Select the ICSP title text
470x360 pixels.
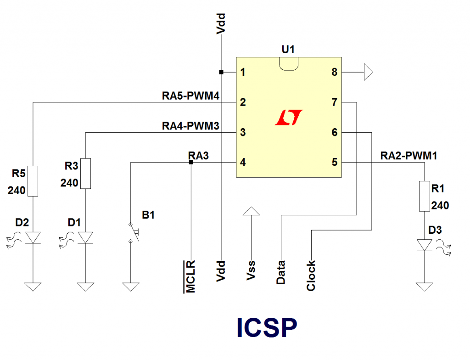267,328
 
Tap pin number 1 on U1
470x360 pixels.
243,72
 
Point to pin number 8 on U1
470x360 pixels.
334,72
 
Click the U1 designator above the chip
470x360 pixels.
288,49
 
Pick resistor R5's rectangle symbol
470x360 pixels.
33,181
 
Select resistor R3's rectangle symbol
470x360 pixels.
85,173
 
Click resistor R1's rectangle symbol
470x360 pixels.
425,196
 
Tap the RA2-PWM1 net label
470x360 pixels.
408,156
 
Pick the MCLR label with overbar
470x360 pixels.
190,276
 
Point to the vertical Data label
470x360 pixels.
281,272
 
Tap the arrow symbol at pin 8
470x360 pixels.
368,72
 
